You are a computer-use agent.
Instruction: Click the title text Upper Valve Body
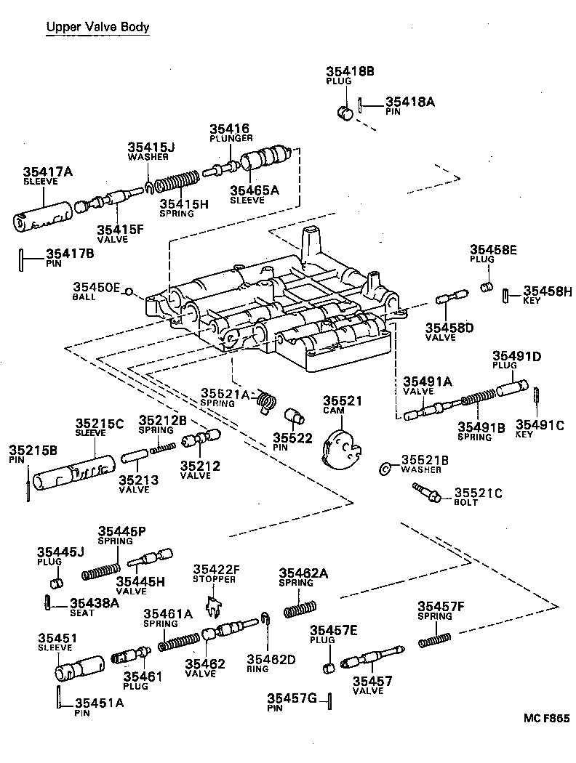pyautogui.click(x=97, y=28)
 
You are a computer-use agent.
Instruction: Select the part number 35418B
pyautogui.click(x=350, y=71)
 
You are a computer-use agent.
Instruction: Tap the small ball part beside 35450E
pyautogui.click(x=128, y=292)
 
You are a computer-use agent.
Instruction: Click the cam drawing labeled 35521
pyautogui.click(x=340, y=450)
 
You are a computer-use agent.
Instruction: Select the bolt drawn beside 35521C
pyautogui.click(x=428, y=496)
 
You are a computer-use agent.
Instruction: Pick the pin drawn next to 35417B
pyautogui.click(x=22, y=259)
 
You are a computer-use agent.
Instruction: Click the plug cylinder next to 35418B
pyautogui.click(x=346, y=112)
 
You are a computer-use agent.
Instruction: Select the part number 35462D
pyautogui.click(x=271, y=660)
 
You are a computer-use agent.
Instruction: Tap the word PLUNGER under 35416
pyautogui.click(x=231, y=138)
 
